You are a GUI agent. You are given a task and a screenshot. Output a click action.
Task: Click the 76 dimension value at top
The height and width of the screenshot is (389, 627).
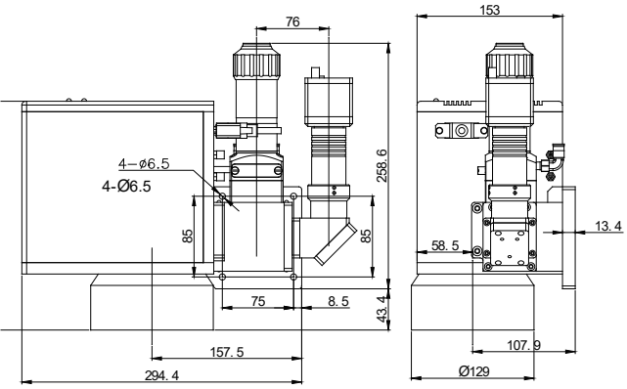(292, 22)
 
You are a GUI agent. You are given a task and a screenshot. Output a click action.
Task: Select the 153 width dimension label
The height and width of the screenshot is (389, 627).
(490, 10)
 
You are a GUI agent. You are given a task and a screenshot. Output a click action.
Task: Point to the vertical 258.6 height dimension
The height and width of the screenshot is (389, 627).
(382, 165)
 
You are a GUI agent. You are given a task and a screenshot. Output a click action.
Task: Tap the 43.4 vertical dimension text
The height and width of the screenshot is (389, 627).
(383, 309)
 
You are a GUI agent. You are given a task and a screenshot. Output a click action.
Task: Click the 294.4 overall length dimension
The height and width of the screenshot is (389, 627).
(162, 375)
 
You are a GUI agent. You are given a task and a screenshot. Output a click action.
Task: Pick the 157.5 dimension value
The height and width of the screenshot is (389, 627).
(227, 352)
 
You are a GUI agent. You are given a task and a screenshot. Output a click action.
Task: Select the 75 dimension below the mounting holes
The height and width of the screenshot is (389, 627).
(258, 301)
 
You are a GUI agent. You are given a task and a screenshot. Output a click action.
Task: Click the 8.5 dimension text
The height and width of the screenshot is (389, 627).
(338, 301)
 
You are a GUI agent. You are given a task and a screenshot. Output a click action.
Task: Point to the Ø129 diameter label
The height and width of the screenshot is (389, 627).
(473, 371)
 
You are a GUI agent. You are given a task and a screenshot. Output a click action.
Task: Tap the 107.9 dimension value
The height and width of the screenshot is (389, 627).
(524, 345)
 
